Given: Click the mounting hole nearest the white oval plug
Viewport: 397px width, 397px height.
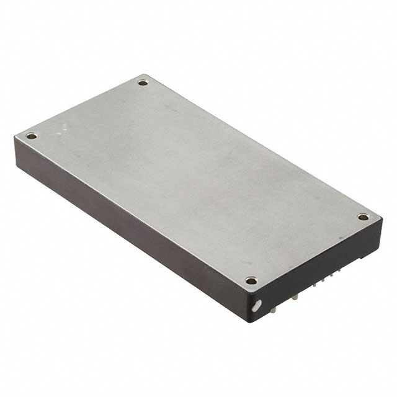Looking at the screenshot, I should tap(251, 280).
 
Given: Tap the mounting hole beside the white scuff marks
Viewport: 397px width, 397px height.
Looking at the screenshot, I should tap(32, 136).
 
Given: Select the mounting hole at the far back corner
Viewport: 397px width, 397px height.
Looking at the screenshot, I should tap(143, 82).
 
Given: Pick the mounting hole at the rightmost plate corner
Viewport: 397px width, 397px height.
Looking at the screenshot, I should tap(363, 216).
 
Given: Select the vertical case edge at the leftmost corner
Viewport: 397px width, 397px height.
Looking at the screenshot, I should tap(16, 149).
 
